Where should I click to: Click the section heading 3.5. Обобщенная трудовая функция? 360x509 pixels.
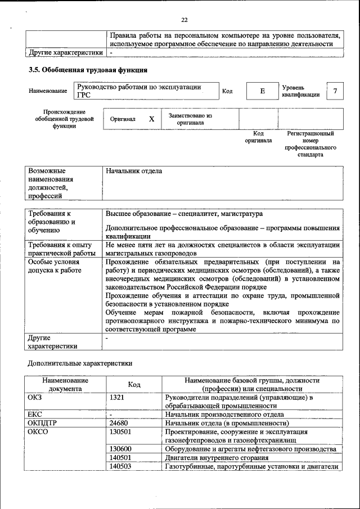pos(88,70)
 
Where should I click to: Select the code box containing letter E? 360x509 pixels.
pos(262,91)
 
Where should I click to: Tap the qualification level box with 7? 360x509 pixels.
pos(335,91)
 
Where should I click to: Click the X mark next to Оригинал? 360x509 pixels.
pos(151,119)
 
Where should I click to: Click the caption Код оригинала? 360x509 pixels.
pos(258,137)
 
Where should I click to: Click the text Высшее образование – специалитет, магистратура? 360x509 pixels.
pos(184,214)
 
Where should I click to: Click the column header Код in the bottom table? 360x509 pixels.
pos(134,385)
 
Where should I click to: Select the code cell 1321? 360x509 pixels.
pos(118,398)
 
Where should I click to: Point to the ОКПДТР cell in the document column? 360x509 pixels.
pos(43,423)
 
